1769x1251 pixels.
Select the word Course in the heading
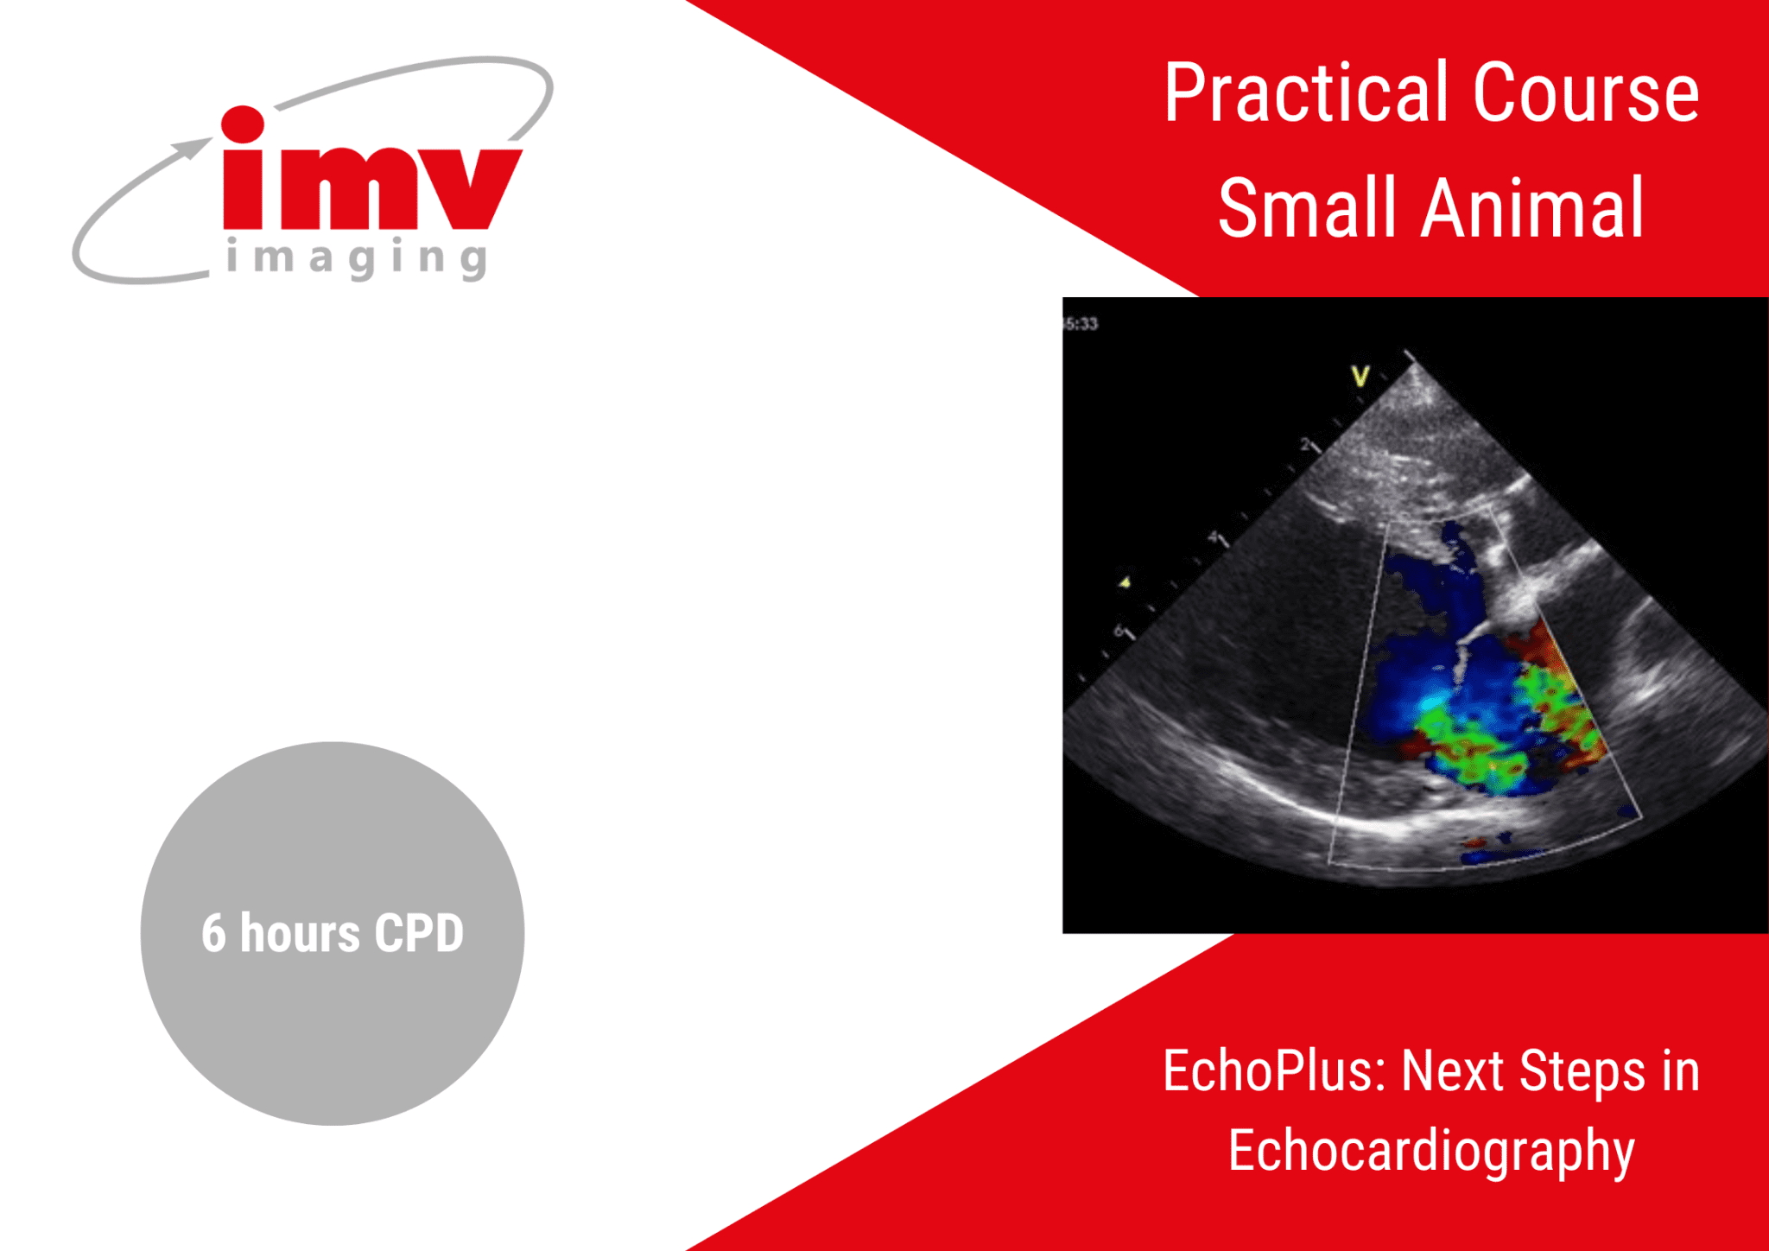1586,92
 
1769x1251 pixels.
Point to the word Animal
1532,207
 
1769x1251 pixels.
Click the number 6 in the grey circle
213,933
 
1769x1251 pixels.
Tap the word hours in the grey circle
300,933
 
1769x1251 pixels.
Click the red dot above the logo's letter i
243,124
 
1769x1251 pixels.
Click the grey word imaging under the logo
357,258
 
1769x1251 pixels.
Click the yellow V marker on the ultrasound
1360,376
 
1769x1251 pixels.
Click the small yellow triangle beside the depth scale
1125,582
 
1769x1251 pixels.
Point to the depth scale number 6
1119,631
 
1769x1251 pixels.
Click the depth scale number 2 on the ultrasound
1306,444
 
